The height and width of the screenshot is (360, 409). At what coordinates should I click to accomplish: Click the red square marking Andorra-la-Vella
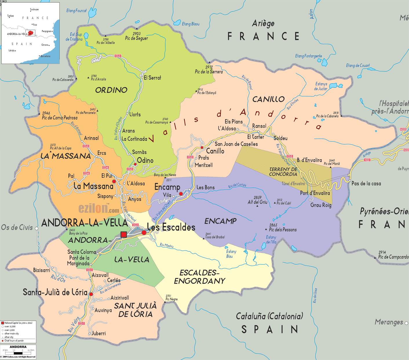point(124,234)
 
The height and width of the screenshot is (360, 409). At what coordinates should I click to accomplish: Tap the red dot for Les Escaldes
point(144,232)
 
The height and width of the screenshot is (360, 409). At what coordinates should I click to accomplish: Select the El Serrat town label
point(152,78)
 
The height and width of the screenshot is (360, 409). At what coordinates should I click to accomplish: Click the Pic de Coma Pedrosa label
point(59,117)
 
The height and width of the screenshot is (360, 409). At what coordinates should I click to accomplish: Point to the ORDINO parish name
point(111,90)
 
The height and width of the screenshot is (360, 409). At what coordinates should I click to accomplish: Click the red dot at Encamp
point(181,194)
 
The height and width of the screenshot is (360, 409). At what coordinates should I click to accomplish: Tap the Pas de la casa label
point(366,183)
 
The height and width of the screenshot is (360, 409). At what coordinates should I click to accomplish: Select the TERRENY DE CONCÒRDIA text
point(283,172)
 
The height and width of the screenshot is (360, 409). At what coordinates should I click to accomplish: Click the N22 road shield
point(367,160)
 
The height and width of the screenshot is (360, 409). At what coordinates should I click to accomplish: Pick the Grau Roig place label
point(321,205)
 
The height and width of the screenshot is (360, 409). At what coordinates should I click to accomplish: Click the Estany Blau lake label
point(231,254)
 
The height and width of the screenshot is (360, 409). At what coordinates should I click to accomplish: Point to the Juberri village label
point(98,333)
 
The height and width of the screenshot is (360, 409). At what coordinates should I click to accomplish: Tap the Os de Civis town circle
point(37,228)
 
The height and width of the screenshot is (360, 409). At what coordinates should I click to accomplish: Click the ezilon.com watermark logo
point(98,208)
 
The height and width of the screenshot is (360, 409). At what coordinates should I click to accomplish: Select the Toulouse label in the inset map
point(34,10)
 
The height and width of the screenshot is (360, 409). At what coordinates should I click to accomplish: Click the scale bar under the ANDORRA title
point(18,353)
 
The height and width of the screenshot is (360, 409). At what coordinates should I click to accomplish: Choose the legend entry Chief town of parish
point(14,341)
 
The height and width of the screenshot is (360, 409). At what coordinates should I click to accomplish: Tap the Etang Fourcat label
point(76,11)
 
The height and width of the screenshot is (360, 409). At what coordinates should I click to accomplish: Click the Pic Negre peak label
point(171,299)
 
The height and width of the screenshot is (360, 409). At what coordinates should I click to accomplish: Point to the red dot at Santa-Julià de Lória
point(91,294)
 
